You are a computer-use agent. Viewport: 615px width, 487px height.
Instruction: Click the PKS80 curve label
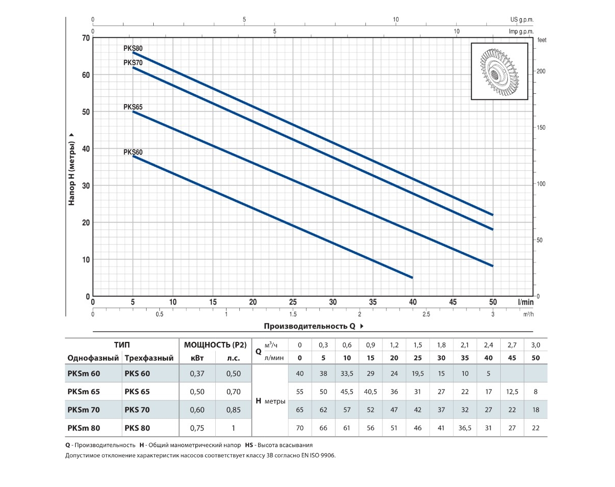click(133, 48)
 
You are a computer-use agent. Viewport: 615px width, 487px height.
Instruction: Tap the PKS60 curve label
click(133, 152)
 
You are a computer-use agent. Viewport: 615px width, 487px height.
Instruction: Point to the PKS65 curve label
click(133, 107)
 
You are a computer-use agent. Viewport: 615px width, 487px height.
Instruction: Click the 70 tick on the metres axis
click(86, 38)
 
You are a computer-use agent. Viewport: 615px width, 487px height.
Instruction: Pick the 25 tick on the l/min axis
click(293, 302)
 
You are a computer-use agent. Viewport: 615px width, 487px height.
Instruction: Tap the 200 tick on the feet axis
click(542, 71)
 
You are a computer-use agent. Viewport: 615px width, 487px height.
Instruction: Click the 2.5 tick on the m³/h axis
click(426, 314)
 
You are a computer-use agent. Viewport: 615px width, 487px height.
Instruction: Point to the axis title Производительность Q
click(310, 326)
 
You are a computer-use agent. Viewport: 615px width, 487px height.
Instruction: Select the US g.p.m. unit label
click(522, 19)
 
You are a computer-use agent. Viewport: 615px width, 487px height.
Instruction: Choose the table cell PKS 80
click(137, 427)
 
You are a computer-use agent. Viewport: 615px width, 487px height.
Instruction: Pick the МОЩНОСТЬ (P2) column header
click(215, 344)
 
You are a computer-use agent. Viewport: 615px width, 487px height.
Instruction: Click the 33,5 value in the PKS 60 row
click(347, 373)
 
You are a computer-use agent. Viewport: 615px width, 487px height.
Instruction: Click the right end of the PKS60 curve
click(413, 278)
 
